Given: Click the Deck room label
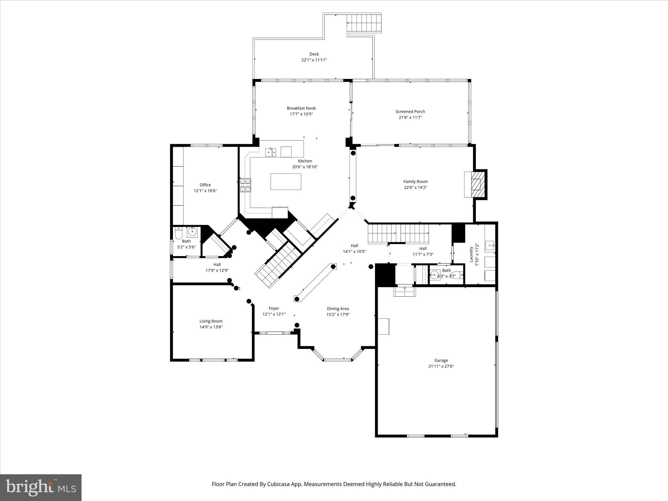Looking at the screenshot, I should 314,54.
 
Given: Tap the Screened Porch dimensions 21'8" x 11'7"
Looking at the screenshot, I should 410,117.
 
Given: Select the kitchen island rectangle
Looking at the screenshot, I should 286,182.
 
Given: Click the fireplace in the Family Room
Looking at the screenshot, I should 476,184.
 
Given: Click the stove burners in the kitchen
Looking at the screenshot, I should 245,185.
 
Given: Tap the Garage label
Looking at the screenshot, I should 441,360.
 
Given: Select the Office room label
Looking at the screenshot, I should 205,185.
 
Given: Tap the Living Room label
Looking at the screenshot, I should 211,321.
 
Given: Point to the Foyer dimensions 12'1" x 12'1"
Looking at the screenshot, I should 274,314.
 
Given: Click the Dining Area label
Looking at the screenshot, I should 338,309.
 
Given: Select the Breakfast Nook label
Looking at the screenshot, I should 301,108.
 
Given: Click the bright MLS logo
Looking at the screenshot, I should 41,487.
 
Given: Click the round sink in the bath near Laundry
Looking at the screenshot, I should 434,275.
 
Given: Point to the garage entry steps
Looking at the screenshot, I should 404,291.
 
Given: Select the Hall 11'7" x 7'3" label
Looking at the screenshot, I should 423,249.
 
